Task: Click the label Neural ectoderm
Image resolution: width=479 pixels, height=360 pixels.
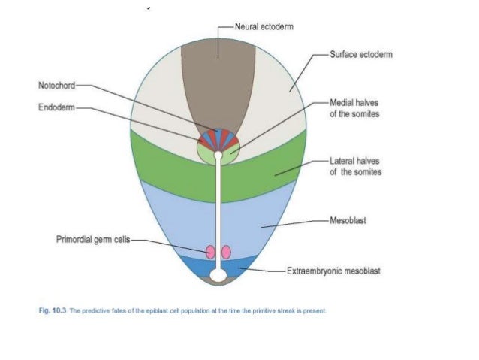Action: (x=264, y=26)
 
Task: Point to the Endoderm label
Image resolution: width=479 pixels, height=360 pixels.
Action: (x=56, y=107)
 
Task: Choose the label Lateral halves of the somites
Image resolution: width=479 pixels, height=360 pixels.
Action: (x=355, y=166)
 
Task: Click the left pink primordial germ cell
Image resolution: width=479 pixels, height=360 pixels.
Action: (x=211, y=252)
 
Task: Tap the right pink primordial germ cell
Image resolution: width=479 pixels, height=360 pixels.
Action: (x=226, y=252)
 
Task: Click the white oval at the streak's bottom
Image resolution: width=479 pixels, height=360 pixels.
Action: (x=218, y=276)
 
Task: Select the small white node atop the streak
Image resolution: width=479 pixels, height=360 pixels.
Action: (x=218, y=156)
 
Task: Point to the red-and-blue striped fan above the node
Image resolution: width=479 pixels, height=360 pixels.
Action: (x=218, y=138)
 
